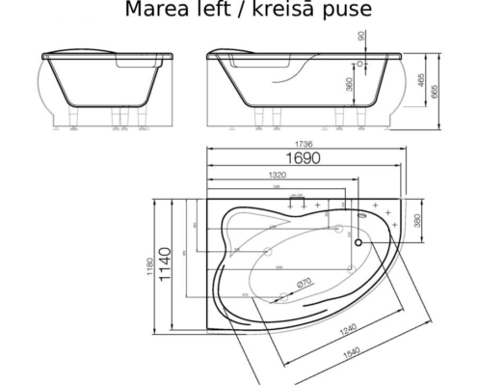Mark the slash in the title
(x=245, y=11)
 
